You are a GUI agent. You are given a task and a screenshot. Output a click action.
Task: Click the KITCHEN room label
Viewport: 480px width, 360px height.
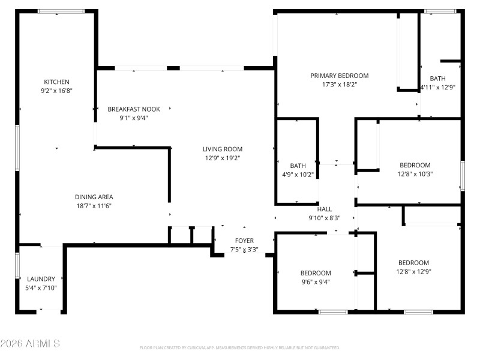click(56, 82)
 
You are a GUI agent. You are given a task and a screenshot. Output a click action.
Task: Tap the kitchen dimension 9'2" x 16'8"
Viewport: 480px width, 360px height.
click(56, 91)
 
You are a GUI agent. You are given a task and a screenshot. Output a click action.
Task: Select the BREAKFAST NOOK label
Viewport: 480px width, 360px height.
click(134, 109)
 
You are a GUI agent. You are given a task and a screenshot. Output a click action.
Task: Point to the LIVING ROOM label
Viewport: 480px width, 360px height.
click(222, 149)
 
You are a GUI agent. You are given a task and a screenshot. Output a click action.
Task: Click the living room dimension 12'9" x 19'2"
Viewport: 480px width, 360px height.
click(222, 158)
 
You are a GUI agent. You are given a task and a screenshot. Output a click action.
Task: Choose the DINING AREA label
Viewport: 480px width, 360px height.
click(94, 197)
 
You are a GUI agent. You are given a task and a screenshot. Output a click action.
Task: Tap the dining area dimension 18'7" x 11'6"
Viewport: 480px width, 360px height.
click(94, 206)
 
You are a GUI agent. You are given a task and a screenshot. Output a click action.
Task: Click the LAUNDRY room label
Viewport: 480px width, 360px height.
click(41, 279)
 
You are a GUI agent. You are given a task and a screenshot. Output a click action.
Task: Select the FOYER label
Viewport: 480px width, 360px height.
click(244, 241)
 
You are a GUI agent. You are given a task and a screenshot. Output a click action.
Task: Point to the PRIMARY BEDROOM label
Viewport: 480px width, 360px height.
click(339, 76)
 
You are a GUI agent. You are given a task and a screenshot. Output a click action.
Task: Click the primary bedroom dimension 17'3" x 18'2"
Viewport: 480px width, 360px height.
click(339, 85)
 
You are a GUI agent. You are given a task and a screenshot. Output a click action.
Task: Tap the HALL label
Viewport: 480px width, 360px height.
click(325, 209)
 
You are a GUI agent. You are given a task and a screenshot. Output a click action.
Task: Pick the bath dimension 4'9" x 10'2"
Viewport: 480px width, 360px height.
click(298, 175)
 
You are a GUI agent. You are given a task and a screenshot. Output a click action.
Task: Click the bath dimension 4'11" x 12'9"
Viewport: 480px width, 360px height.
click(437, 87)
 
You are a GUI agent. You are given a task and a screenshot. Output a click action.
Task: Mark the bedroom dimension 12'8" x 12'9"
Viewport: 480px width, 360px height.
click(414, 272)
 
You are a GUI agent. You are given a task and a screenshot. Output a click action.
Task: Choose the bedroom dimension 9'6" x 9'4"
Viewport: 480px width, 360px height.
click(316, 282)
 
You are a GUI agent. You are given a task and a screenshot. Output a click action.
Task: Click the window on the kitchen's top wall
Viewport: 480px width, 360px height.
click(61, 11)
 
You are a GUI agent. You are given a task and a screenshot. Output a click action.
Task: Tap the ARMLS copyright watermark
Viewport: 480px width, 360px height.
click(30, 344)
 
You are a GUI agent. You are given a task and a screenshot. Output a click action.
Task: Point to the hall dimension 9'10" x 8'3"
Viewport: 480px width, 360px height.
click(325, 218)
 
